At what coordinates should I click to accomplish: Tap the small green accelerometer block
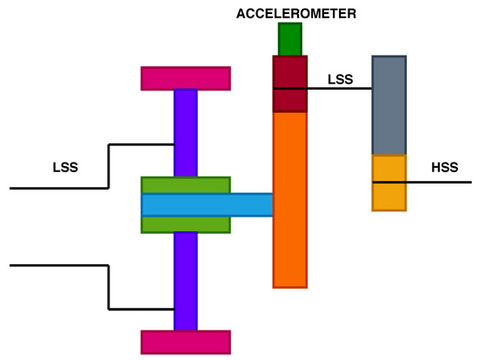[x=289, y=39]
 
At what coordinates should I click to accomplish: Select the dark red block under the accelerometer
[x=289, y=83]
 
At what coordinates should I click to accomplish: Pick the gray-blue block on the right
[x=388, y=105]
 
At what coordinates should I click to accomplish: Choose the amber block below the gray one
[x=388, y=183]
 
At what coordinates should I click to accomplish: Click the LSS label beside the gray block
[x=340, y=79]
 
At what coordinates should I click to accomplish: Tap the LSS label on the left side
[x=66, y=167]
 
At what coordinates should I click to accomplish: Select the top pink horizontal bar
[x=185, y=78]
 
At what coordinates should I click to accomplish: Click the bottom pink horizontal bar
[x=185, y=342]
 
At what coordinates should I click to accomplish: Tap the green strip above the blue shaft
[x=185, y=184]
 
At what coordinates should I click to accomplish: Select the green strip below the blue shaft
[x=185, y=224]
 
